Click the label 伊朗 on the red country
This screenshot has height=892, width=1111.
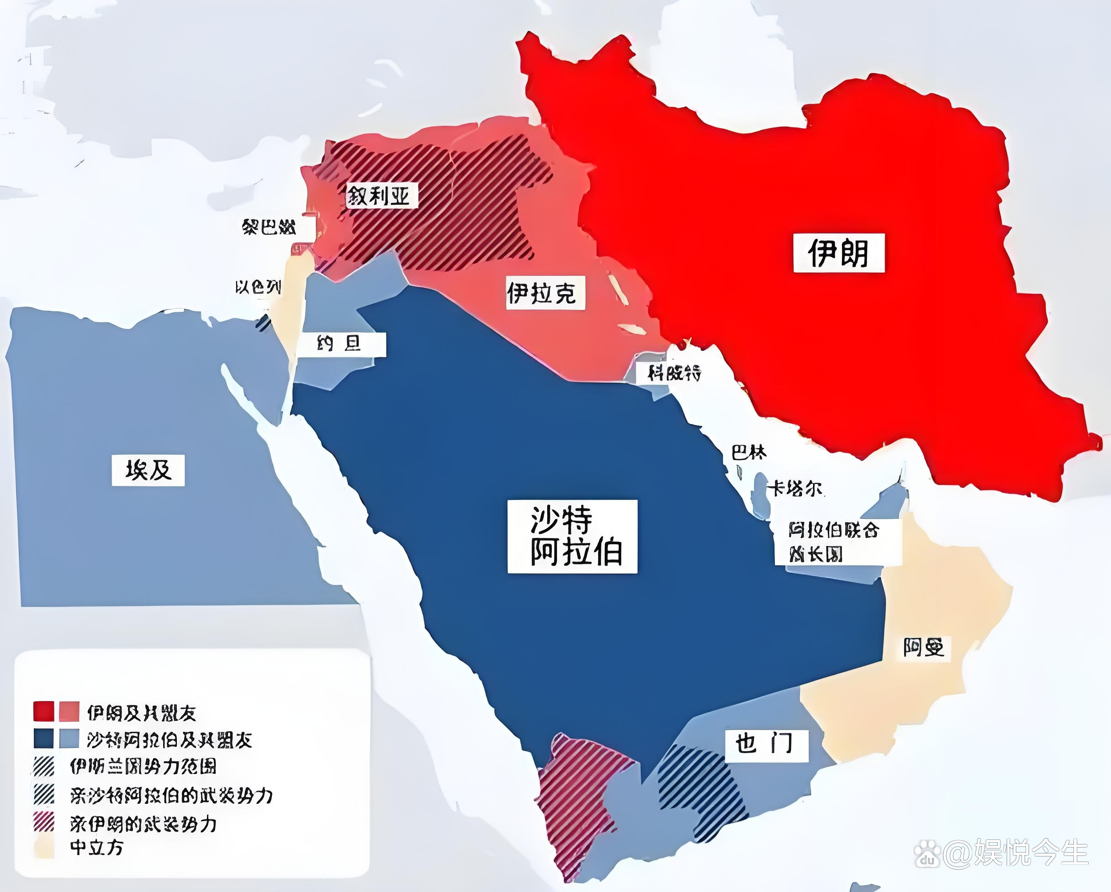click(x=838, y=253)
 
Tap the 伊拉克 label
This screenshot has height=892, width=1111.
click(x=545, y=293)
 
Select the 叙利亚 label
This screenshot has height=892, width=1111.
click(x=381, y=196)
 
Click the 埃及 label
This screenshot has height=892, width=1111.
click(x=148, y=470)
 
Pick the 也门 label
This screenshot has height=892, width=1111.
click(x=765, y=744)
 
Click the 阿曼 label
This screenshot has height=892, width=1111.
click(x=923, y=648)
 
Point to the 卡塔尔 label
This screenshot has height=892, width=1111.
click(x=796, y=488)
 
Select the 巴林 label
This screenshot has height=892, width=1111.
click(x=749, y=453)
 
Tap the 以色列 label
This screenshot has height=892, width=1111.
click(x=258, y=287)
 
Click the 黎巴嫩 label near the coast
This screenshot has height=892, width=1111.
click(x=269, y=227)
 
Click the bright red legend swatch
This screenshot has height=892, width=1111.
click(x=44, y=711)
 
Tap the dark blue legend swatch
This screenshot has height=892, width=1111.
click(x=44, y=738)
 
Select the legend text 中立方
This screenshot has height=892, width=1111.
click(x=96, y=848)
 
